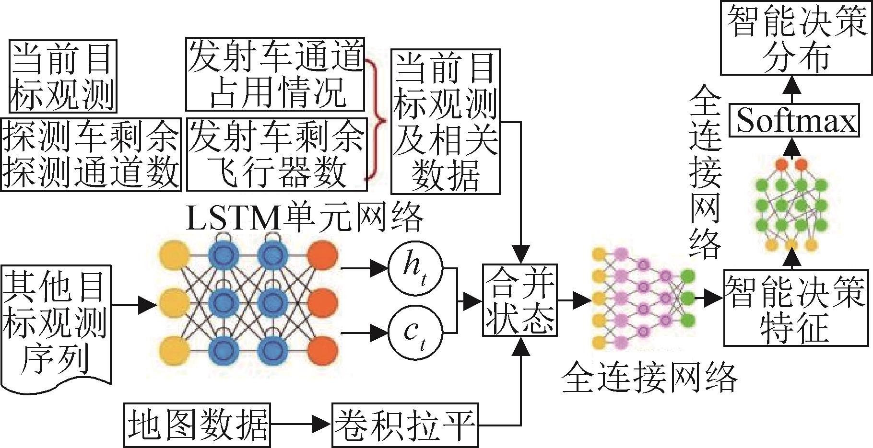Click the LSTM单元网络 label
coord(305,218)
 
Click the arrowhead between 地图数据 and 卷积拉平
coord(321,425)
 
